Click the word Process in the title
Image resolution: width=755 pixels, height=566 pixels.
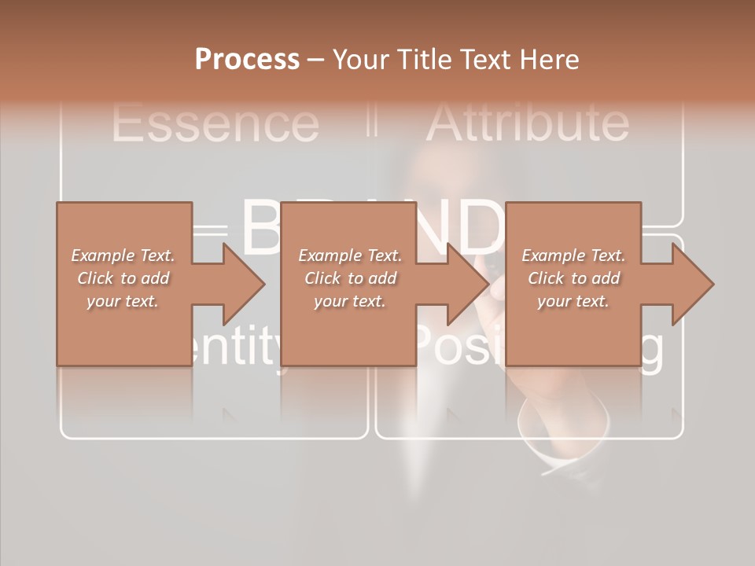(247, 60)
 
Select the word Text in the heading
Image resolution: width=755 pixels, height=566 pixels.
(483, 60)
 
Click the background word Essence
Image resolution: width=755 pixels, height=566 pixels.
(215, 123)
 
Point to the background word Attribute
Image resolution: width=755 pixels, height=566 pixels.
(527, 123)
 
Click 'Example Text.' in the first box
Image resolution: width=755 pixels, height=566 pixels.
(123, 255)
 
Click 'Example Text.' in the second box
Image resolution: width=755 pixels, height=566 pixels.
(350, 255)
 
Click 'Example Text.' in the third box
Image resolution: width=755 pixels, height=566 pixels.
(573, 255)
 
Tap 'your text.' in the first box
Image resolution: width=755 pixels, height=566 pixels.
(123, 301)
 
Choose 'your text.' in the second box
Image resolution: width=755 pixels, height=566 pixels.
(350, 301)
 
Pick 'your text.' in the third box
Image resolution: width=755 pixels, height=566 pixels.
(573, 301)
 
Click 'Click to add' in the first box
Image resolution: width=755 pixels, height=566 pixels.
(123, 278)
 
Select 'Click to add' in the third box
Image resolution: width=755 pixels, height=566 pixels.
(573, 278)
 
